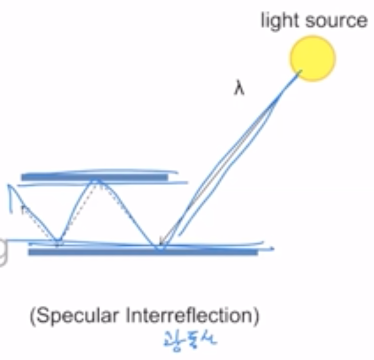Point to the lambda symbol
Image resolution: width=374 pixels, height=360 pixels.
tap(239, 89)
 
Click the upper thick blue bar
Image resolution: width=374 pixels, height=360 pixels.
tap(94, 177)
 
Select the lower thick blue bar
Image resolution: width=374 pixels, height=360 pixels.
tap(143, 251)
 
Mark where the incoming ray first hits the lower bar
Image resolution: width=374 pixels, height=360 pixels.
tap(161, 247)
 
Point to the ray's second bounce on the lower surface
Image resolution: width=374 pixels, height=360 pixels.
tap(57, 243)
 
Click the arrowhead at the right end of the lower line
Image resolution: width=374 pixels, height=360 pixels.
tap(272, 249)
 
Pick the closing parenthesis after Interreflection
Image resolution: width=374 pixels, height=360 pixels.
tap(256, 315)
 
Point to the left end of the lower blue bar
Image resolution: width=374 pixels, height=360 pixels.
tap(30, 251)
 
